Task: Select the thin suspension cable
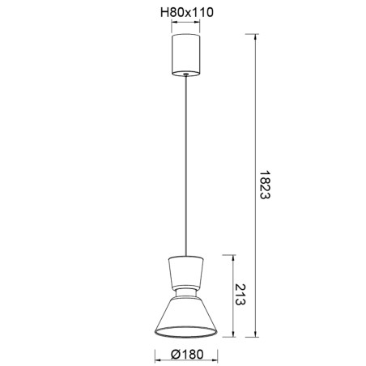tap(186, 162)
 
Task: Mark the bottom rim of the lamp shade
tap(186, 334)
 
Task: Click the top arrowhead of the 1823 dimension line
tap(257, 36)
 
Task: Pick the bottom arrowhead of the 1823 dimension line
tap(257, 335)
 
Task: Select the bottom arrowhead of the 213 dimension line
tap(233, 335)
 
